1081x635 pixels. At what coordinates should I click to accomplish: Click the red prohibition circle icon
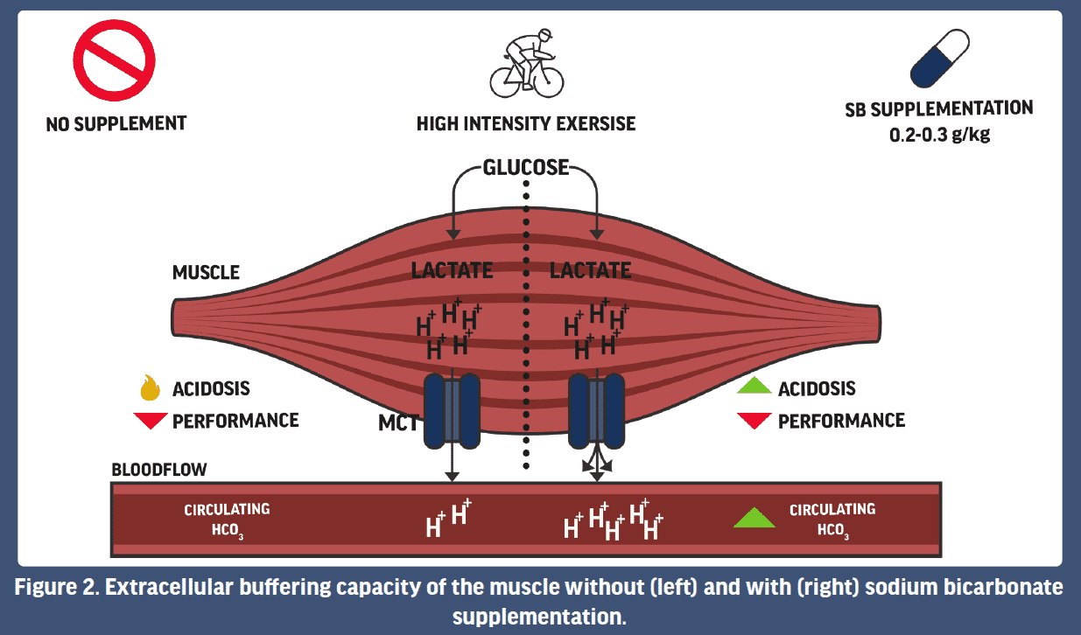pyautogui.click(x=114, y=60)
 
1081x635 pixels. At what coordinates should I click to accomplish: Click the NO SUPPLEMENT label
pyautogui.click(x=116, y=123)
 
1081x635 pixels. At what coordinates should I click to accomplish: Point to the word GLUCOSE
pyautogui.click(x=526, y=167)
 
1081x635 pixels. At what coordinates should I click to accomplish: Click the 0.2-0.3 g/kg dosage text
pyautogui.click(x=938, y=136)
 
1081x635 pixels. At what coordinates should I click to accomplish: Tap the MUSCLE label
pyautogui.click(x=206, y=273)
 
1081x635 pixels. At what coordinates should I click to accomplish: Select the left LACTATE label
pyautogui.click(x=452, y=270)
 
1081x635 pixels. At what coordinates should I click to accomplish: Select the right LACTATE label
pyautogui.click(x=590, y=270)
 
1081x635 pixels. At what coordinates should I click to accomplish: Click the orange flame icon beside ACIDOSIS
pyautogui.click(x=150, y=387)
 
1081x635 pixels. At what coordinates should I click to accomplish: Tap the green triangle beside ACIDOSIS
pyautogui.click(x=754, y=387)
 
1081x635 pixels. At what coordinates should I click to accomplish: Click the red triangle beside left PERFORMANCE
pyautogui.click(x=150, y=421)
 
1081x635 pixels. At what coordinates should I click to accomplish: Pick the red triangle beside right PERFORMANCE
pyautogui.click(x=754, y=421)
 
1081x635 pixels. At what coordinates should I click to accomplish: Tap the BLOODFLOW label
pyautogui.click(x=159, y=470)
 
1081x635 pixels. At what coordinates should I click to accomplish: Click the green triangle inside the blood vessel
pyautogui.click(x=755, y=518)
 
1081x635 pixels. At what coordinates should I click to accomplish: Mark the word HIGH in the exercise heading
pyautogui.click(x=439, y=123)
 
